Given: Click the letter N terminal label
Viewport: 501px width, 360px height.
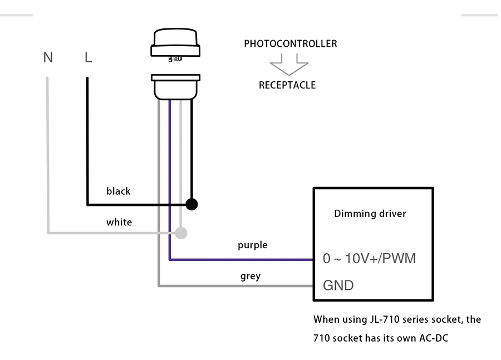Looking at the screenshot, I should click(48, 57).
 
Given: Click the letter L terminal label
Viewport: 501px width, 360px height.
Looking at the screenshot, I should click(88, 57).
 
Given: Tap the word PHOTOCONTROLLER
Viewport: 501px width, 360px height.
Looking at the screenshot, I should click(290, 43).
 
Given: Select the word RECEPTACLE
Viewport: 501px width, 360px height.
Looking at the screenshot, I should click(287, 85).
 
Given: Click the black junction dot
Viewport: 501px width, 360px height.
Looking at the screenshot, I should click(191, 204).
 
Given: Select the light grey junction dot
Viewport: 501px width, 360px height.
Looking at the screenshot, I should click(181, 233).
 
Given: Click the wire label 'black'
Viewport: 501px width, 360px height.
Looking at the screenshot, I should click(118, 191).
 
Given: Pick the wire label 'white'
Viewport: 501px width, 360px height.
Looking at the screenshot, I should click(119, 223).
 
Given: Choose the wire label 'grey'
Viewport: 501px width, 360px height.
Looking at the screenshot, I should click(250, 276).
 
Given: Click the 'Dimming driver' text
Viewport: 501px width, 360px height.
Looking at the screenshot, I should click(370, 214).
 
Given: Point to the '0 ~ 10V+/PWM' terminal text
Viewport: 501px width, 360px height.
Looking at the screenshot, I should click(369, 259).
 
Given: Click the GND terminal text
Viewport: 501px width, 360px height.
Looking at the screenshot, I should click(338, 285).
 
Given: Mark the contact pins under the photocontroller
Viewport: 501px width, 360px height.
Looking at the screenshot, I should click(176, 57).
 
